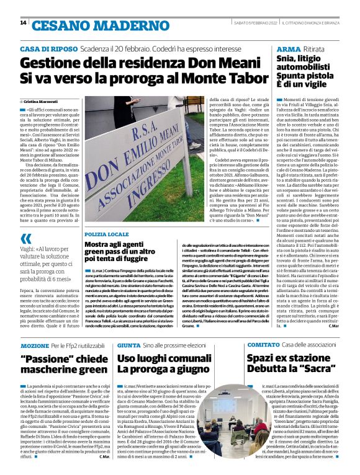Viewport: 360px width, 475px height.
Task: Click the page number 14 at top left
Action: (x=23, y=23)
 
